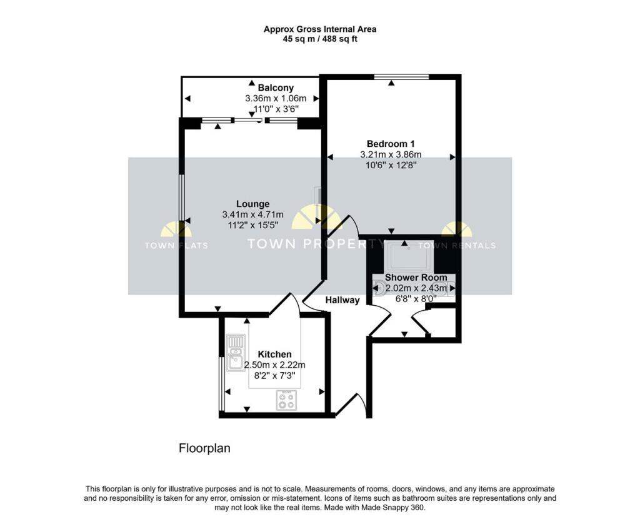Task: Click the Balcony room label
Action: click(276, 88)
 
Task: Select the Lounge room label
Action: click(252, 204)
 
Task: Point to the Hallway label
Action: click(342, 300)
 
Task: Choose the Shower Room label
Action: click(416, 278)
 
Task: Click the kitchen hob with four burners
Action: click(286, 400)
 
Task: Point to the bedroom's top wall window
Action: click(401, 77)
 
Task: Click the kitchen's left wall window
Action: click(221, 384)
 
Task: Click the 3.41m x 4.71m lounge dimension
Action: click(252, 214)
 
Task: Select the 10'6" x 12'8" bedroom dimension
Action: click(391, 165)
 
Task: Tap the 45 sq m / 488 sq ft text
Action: click(319, 39)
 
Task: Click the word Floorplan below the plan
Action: click(205, 448)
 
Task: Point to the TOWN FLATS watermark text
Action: click(176, 246)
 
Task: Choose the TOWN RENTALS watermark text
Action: click(466, 246)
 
